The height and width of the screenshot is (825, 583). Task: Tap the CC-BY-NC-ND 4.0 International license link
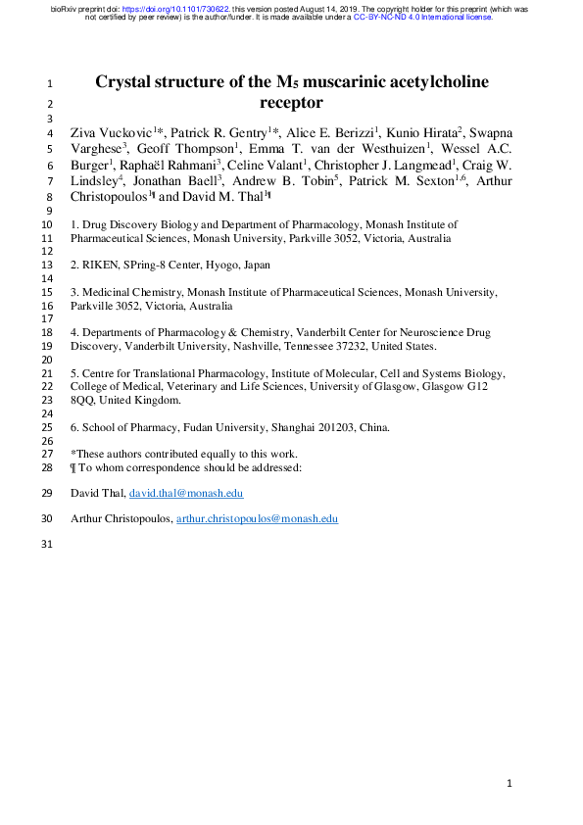click(x=423, y=18)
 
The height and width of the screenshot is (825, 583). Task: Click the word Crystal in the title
click(x=123, y=82)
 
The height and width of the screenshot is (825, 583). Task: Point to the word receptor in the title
click(x=291, y=102)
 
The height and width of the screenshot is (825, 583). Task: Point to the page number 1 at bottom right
click(x=510, y=785)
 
